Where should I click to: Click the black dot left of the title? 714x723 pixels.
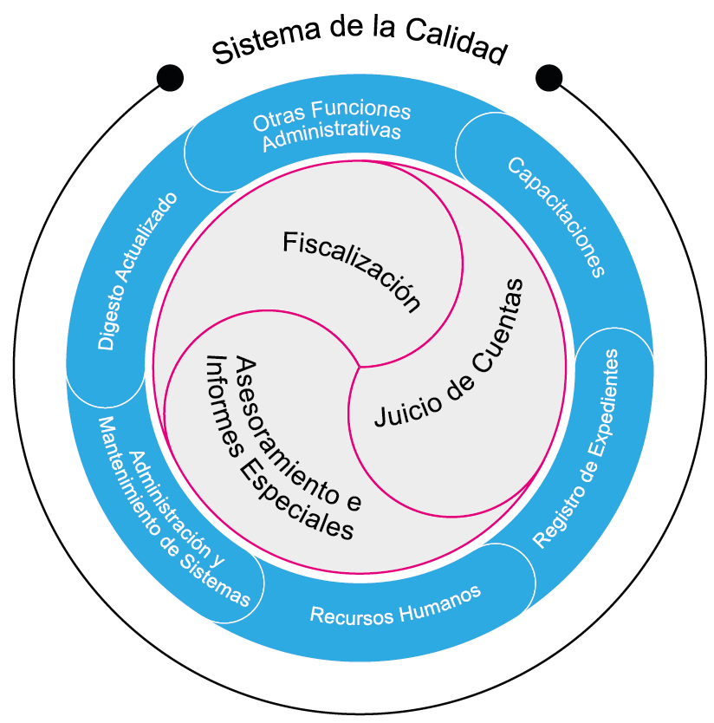pos(170,77)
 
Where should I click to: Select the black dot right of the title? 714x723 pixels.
pos(548,77)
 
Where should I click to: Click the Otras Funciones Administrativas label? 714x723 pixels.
pos(333,125)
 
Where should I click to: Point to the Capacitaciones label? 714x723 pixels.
pos(555,217)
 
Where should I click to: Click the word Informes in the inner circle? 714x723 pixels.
pos(216,398)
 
